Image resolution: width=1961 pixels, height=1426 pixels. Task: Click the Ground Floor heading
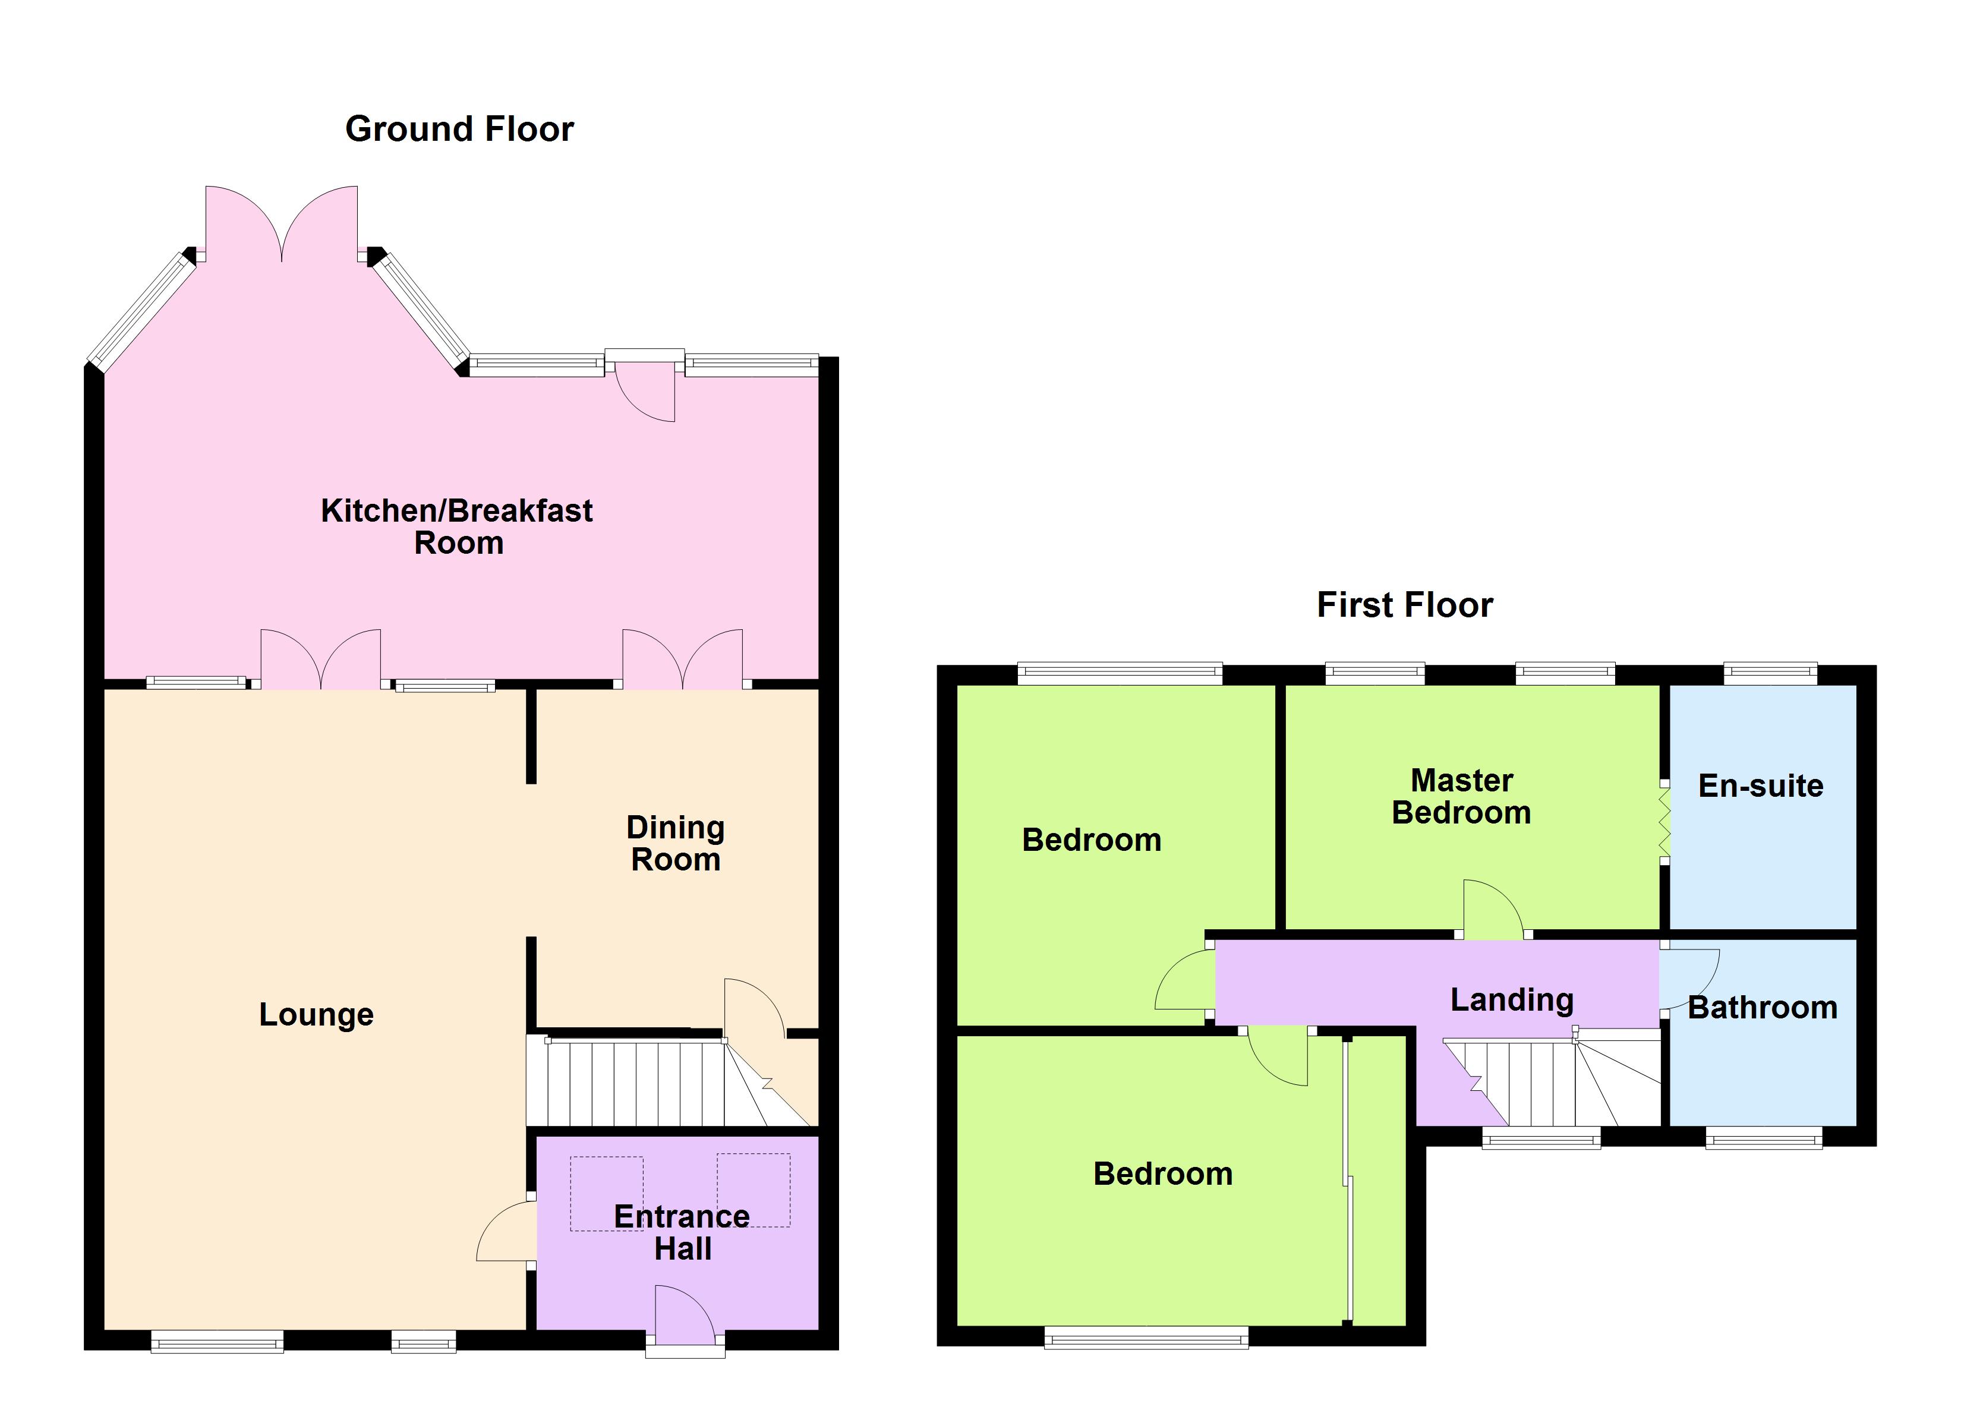459,130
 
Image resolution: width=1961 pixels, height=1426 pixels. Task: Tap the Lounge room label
317,1014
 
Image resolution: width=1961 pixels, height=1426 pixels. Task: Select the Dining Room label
675,843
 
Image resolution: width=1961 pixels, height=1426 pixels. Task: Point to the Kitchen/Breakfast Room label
458,526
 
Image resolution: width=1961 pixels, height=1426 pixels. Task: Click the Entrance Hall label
682,1232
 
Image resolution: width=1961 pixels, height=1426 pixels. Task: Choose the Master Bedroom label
1461,796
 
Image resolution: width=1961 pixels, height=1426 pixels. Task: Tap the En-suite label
1760,786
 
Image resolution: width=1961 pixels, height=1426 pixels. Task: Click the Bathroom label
1762,1008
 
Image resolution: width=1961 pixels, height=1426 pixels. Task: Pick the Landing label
1511,999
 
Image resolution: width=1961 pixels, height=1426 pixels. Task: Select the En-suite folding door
1664,822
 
